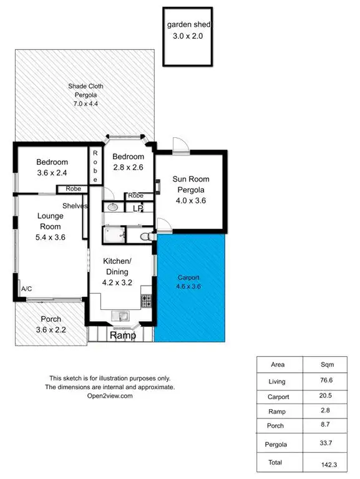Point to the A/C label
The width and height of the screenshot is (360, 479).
point(27,289)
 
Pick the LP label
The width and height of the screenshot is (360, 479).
point(137,209)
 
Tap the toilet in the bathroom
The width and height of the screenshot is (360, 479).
point(145,236)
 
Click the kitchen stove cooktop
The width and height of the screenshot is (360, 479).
point(147,301)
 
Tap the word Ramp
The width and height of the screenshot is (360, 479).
point(122,336)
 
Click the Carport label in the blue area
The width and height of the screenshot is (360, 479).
point(188,278)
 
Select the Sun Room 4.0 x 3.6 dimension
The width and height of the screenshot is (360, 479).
point(189,201)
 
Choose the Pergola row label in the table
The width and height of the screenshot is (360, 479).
point(278,444)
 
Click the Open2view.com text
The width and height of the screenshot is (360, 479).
point(110,395)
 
